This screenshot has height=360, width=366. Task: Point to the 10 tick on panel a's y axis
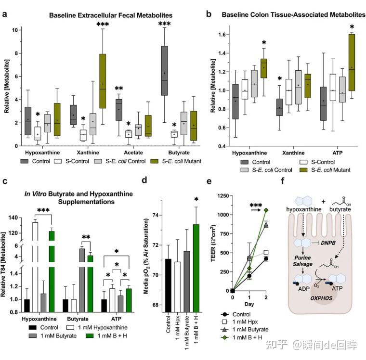click(15, 30)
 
